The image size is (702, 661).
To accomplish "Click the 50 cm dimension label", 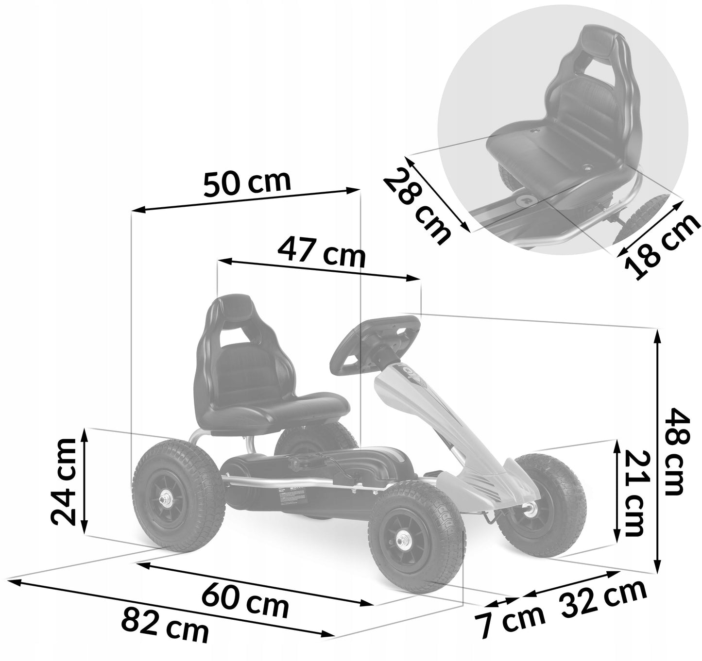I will [247, 183].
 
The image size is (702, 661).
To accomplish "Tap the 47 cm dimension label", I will [321, 251].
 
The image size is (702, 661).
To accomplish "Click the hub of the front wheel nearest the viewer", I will [403, 538].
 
